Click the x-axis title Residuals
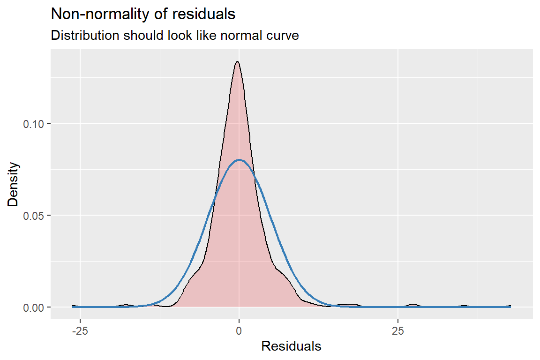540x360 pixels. pos(291,346)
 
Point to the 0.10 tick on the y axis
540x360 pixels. pos(34,124)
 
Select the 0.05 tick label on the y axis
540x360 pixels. pos(34,216)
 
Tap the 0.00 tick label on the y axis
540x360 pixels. pos(34,307)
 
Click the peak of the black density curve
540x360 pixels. pos(237,62)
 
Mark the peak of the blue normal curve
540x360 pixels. pos(239,160)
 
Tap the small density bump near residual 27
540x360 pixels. pos(413,305)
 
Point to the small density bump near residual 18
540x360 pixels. pos(352,305)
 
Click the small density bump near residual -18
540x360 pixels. pos(125,305)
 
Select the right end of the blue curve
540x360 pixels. pos(510,307)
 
